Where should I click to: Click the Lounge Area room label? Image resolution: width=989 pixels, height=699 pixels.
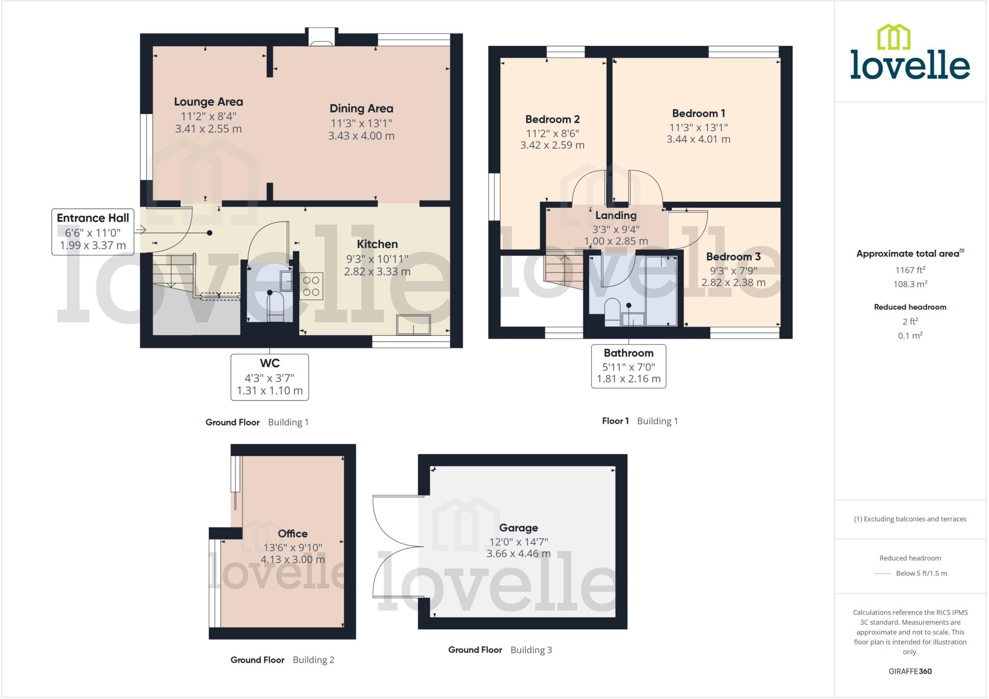tap(208, 102)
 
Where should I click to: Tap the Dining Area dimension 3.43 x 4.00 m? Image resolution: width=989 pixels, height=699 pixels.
tap(361, 136)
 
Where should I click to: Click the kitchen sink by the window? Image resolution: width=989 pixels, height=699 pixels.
tap(413, 325)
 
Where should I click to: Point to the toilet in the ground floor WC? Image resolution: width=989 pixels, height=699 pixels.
tap(276, 308)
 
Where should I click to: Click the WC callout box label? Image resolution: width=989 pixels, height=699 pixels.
tap(269, 363)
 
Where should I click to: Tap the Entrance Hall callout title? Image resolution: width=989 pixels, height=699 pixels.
tap(93, 218)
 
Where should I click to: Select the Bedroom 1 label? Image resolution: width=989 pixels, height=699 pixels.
tap(698, 114)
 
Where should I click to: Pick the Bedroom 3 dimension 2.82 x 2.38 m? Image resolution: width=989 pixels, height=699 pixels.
tap(733, 283)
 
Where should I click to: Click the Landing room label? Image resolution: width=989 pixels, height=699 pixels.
tap(616, 215)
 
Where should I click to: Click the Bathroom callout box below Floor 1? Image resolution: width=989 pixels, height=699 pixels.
tap(628, 366)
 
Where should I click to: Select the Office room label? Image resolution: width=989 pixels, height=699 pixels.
tap(293, 534)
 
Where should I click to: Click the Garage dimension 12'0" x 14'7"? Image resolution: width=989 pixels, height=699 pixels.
tap(518, 542)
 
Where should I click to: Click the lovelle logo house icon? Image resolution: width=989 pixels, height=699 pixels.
tap(893, 37)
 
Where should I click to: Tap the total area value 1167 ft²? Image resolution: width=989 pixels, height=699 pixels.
tap(910, 270)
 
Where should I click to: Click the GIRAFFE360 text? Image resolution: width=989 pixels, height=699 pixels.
tap(910, 671)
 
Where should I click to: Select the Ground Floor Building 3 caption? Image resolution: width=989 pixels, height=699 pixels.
tap(499, 650)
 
